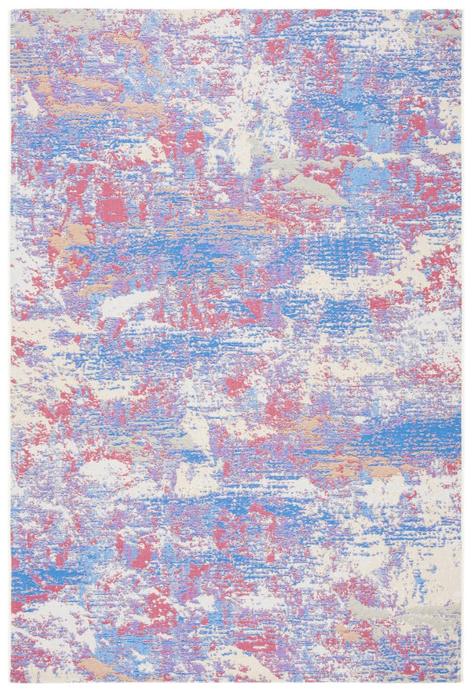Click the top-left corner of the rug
click(11, 9)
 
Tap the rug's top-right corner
click(462, 9)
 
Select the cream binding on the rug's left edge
click(11, 345)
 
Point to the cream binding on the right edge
click(462, 345)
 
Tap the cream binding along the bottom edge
click(235, 682)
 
